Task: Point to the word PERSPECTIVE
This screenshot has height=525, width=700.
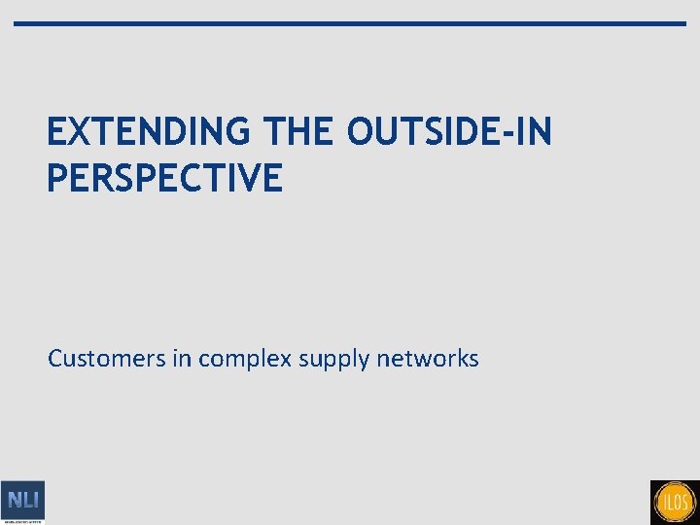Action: (164, 178)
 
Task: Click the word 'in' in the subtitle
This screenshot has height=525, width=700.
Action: (182, 359)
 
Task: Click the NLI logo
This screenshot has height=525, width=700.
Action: (22, 502)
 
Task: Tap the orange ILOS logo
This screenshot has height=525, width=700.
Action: (675, 502)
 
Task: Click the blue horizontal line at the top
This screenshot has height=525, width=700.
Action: (350, 23)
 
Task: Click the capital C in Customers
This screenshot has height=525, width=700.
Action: (56, 359)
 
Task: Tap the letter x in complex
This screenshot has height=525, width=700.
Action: (288, 360)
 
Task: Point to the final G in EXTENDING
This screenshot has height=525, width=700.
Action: (250, 131)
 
